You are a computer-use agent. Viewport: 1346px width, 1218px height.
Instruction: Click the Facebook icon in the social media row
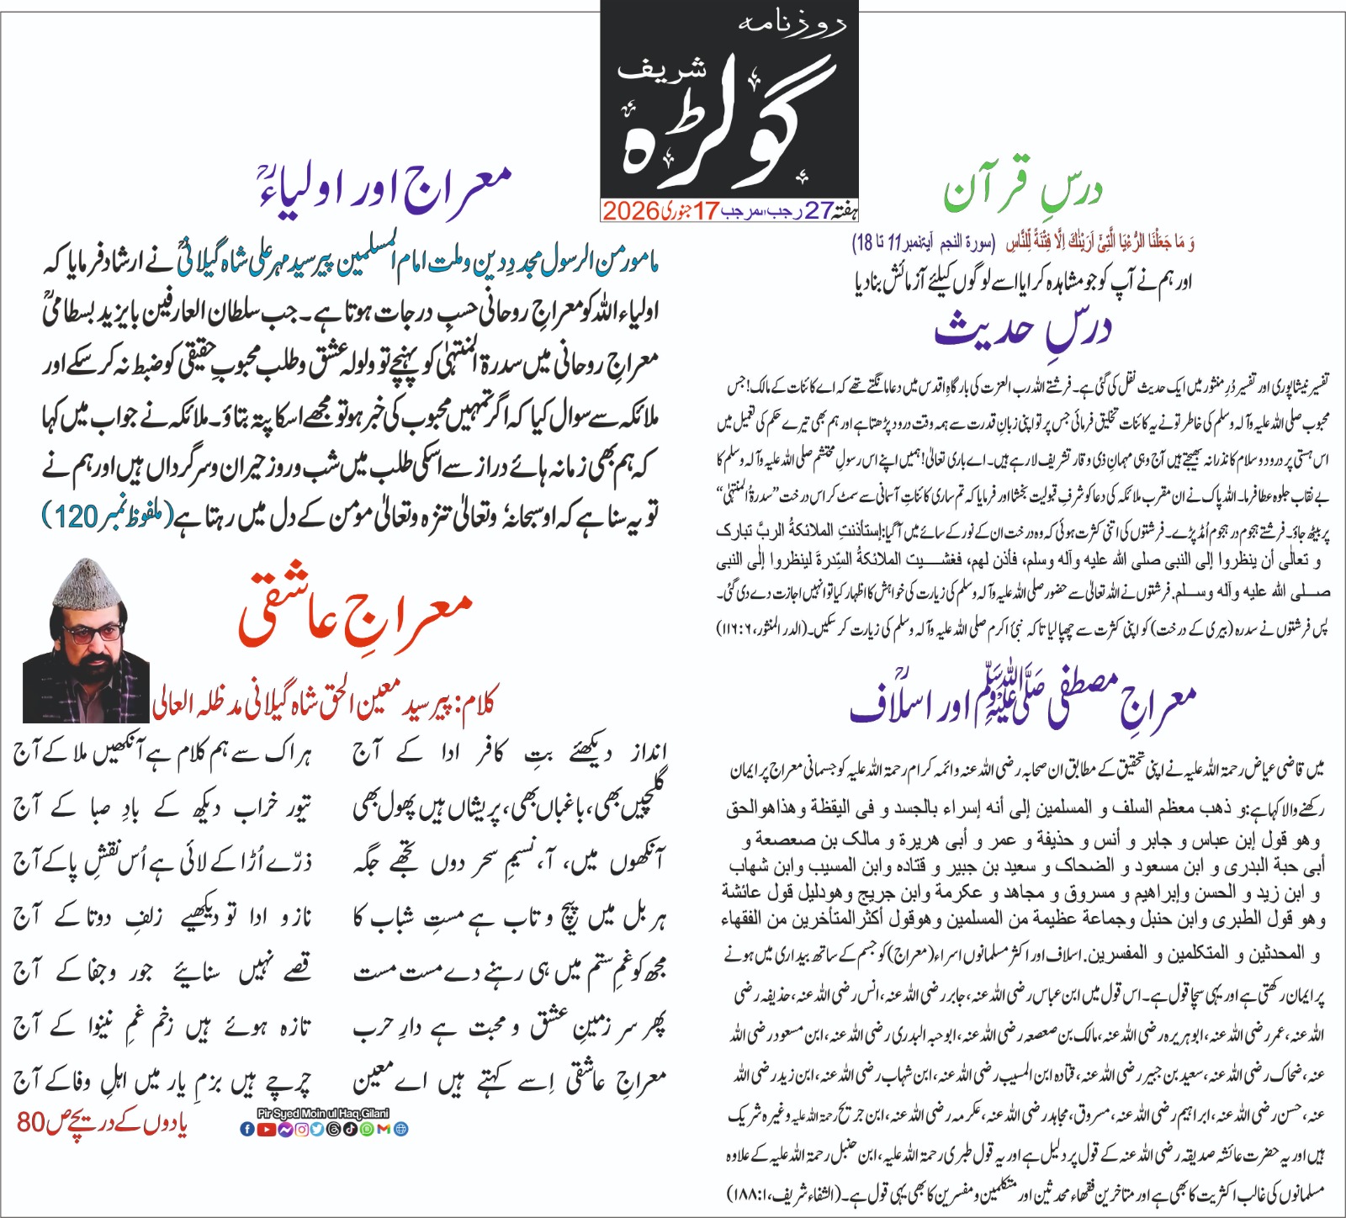click(247, 1129)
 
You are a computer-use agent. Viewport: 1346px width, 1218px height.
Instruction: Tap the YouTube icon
click(267, 1129)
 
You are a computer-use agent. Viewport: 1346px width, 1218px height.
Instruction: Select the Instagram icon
click(302, 1129)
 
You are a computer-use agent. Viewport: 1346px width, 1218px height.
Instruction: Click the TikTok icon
click(351, 1129)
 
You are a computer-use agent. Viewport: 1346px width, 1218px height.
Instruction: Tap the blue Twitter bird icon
click(317, 1129)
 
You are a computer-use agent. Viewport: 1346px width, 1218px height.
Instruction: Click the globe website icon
click(401, 1129)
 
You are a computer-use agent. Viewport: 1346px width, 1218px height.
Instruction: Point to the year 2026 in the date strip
click(629, 210)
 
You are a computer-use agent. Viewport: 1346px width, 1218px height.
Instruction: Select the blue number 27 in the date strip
click(819, 210)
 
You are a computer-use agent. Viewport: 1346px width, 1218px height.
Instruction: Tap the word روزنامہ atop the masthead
click(790, 24)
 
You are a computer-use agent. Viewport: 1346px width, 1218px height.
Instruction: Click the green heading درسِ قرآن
click(1021, 193)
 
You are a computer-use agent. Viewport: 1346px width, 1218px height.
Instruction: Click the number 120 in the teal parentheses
click(77, 517)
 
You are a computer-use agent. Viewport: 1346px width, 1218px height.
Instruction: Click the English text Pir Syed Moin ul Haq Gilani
click(323, 1114)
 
